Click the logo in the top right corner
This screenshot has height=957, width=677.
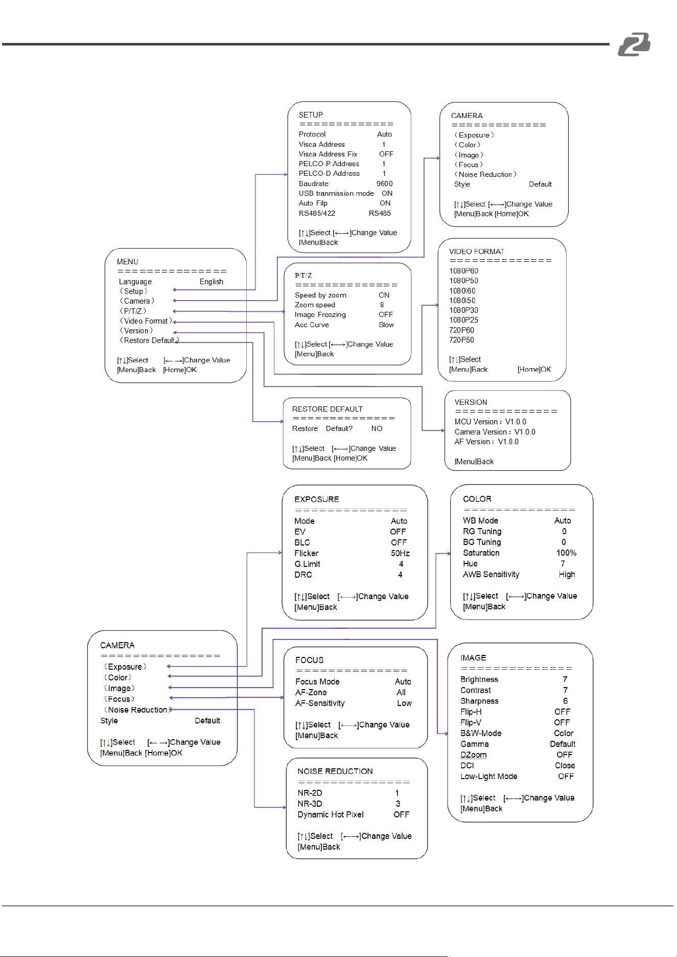coord(634,44)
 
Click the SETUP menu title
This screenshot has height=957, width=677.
coord(311,115)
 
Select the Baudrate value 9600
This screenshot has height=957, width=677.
coord(384,184)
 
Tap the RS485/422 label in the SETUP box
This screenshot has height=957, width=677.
coord(317,213)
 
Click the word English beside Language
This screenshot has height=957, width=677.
coord(212,282)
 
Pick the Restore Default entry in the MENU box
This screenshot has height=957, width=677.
coord(149,340)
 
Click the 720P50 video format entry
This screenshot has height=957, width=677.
coord(461,340)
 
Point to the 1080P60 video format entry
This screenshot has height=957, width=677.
coord(463,271)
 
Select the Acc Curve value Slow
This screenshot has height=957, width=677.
coord(386,325)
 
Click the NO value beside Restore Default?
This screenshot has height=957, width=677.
coord(377,428)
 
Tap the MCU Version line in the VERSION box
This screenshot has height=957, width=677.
coord(490,422)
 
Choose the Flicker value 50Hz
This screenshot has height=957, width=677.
coord(400,553)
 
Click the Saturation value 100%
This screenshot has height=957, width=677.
coord(566,553)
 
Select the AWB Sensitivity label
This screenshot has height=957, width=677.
coord(491,574)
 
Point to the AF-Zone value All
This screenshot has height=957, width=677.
coord(401,692)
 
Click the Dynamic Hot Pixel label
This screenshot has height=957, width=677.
coord(331,814)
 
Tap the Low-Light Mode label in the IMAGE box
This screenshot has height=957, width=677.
coord(488,776)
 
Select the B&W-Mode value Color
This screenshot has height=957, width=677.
coord(564,733)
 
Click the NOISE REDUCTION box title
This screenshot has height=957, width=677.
coord(335,771)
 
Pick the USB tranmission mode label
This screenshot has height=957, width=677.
coord(336,193)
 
